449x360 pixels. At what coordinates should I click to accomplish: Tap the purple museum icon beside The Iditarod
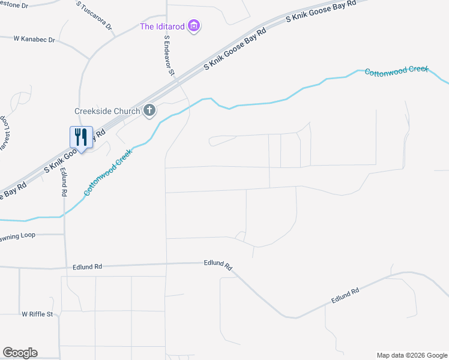(x=193, y=26)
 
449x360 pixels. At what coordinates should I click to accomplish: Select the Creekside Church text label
(x=107, y=110)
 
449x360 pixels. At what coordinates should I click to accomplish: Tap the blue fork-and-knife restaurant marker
(x=80, y=137)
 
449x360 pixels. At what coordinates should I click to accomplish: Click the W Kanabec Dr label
(x=34, y=39)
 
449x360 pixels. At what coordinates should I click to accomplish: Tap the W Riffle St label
(x=37, y=314)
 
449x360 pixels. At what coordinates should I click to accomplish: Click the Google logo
(x=20, y=353)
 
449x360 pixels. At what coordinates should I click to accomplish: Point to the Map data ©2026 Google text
(x=411, y=355)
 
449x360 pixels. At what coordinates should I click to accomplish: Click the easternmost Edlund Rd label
(x=345, y=295)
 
